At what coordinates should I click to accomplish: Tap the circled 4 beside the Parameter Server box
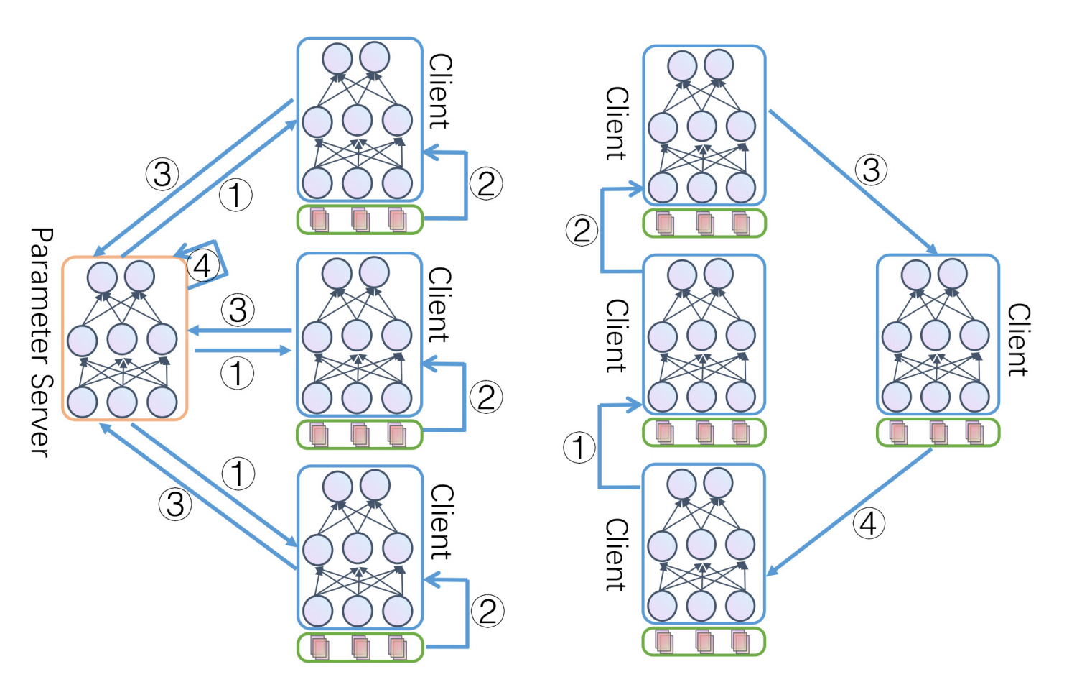(202, 266)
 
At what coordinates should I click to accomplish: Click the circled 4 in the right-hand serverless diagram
(868, 523)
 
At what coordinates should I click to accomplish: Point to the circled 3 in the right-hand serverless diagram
(871, 170)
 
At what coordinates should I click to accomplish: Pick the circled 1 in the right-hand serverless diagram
(579, 448)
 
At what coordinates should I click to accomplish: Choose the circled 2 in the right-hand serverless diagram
(582, 231)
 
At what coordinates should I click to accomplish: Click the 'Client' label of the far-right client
(1018, 339)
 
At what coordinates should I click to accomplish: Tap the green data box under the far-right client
(938, 433)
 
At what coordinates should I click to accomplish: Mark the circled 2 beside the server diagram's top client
(486, 183)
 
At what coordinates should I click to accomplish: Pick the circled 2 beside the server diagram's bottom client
(487, 612)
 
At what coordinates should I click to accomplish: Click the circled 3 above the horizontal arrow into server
(238, 310)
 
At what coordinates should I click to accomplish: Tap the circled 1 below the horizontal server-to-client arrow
(237, 374)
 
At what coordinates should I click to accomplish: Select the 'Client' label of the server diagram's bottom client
(441, 522)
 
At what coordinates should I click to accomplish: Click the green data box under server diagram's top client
(360, 219)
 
